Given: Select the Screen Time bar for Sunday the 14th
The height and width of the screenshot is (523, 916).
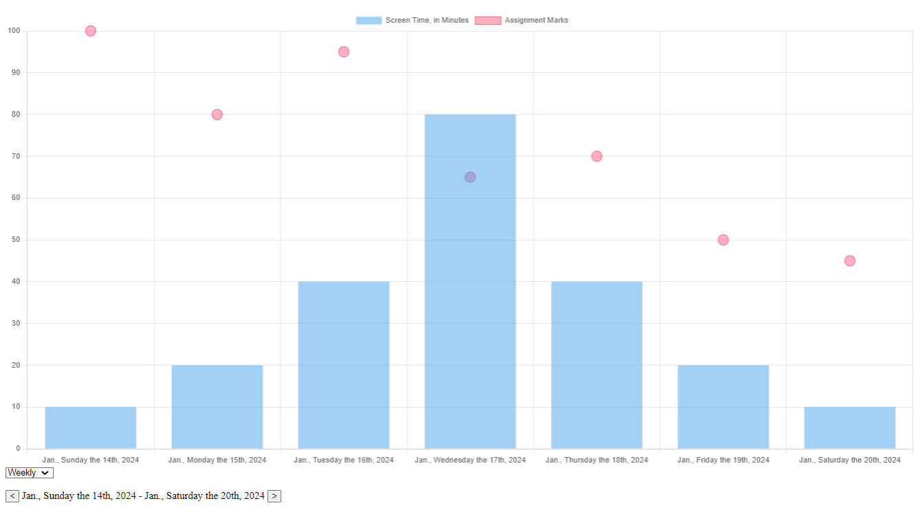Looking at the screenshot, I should tap(91, 427).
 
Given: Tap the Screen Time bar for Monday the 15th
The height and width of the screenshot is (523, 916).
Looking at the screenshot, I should tap(217, 407).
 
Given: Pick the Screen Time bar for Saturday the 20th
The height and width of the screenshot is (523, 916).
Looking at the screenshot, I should tap(849, 427).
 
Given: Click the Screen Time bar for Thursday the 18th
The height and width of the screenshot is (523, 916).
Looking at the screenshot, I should tap(596, 365).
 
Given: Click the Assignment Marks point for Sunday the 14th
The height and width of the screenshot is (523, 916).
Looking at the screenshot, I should tap(91, 31).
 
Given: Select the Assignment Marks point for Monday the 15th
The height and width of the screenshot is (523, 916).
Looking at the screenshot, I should tap(217, 114).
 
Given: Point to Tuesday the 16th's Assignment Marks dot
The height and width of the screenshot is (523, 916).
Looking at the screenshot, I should tap(344, 52).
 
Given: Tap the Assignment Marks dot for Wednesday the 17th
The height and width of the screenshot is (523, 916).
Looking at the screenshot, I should tap(470, 177).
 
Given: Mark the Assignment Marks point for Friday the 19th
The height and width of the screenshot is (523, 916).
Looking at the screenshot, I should tap(723, 240).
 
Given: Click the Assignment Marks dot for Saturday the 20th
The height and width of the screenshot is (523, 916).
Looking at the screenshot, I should tap(849, 260).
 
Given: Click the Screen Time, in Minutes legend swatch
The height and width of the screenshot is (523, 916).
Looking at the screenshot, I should tap(369, 21).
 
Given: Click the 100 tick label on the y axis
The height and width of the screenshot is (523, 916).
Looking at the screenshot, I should tap(14, 31).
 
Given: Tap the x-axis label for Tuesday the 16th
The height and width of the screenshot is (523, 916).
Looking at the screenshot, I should tap(344, 460).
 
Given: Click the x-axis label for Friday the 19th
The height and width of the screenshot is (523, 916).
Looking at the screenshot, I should tap(723, 460).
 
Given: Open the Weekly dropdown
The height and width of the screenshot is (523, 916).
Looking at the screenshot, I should tap(29, 473).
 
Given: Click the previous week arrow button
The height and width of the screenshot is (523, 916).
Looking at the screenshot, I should tap(12, 496).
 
